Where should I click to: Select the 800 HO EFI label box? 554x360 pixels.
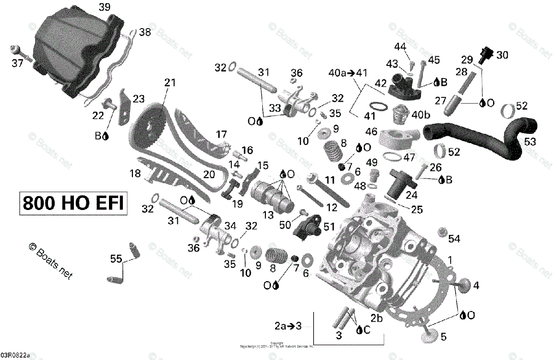pos(73,203)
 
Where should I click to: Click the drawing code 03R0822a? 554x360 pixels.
pos(15,355)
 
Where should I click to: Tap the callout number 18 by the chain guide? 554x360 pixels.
pos(135,174)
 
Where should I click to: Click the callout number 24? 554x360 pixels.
pos(411,195)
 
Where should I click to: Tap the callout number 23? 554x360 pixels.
pos(138,98)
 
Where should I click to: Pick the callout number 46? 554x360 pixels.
pos(371,132)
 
